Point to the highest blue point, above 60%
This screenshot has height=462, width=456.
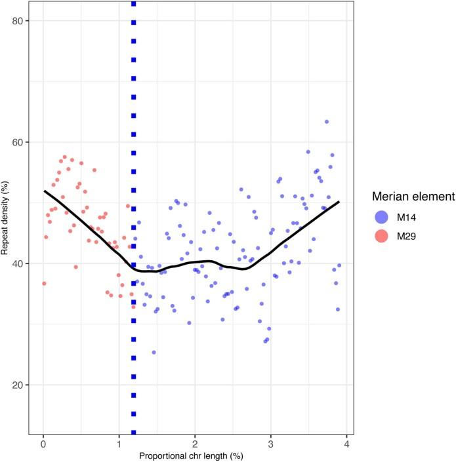coord(327,121)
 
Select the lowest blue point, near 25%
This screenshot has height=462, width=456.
coord(154,352)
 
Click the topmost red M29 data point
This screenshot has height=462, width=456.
coord(64,157)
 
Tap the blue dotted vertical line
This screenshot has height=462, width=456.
coord(134,197)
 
